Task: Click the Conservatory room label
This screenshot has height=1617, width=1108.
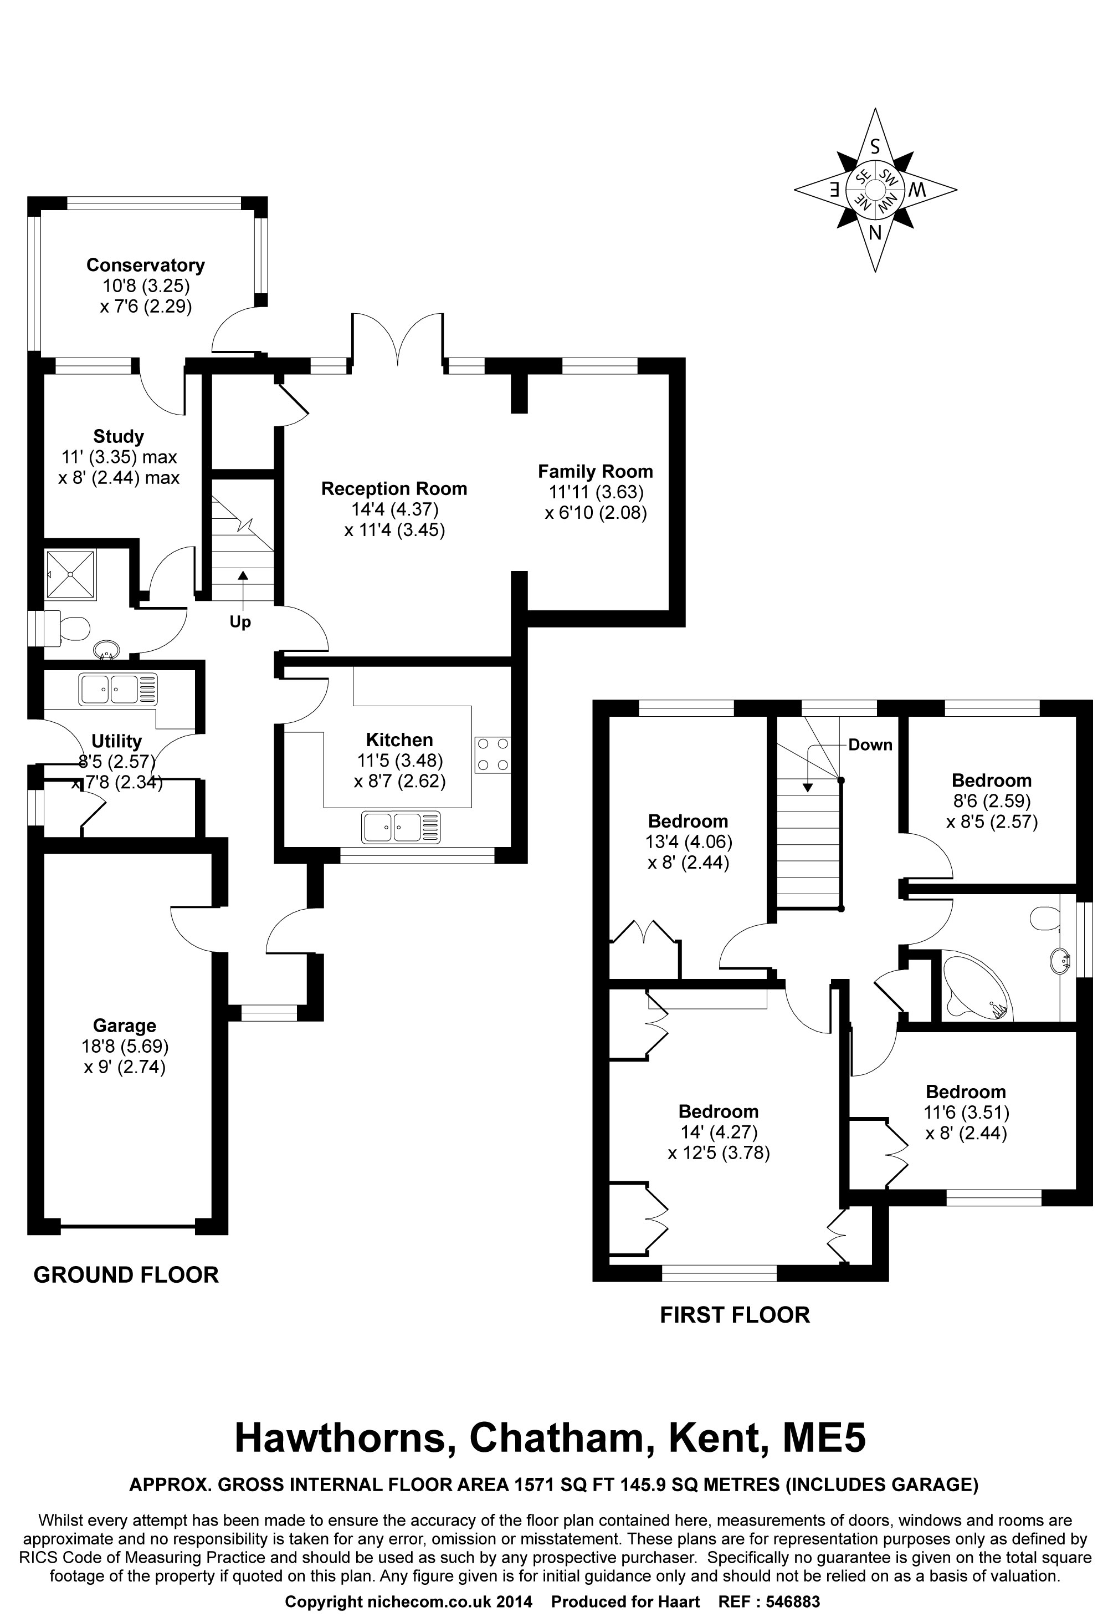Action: pos(145,265)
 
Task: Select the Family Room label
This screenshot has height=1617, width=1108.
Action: pos(596,471)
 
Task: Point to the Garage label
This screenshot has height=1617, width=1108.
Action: pos(125,1025)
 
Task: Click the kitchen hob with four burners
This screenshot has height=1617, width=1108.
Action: pos(493,755)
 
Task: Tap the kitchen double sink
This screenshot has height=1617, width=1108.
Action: pos(401,827)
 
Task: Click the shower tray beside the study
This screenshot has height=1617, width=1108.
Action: pos(70,574)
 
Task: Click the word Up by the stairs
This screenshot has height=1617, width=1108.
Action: pos(240,622)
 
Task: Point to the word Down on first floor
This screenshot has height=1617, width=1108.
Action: pos(870,744)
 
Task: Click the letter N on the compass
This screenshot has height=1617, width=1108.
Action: pos(875,232)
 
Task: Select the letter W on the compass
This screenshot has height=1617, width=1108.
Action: pos(917,188)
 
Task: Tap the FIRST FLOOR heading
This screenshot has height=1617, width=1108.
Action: pos(735,1314)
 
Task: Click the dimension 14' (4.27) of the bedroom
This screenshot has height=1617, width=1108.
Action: pos(719,1132)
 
